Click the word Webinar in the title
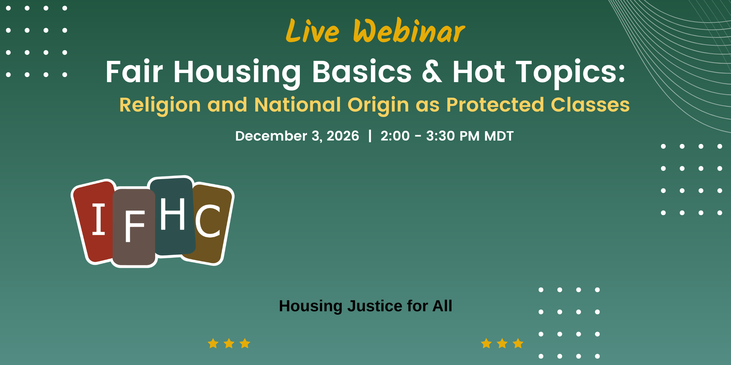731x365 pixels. pos(409,31)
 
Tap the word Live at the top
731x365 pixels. pos(312,31)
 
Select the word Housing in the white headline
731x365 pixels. pos(237,72)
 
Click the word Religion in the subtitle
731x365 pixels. pos(160,105)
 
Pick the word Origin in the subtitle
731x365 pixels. pos(378,105)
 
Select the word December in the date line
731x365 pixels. pos(271,136)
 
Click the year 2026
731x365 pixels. pos(342,136)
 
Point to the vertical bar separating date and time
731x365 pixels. pos(370,136)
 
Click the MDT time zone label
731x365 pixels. pos(499,136)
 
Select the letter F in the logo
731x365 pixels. pos(135,226)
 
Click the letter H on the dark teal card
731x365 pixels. pos(173,214)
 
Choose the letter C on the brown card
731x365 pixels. pos(208,221)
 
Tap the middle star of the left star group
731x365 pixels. pos(229,343)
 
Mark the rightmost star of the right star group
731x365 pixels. pos(518,343)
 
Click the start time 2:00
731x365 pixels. pos(395,136)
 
